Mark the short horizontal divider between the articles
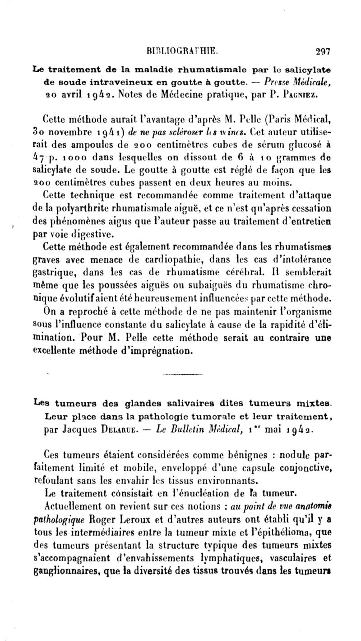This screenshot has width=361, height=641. tap(180, 375)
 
